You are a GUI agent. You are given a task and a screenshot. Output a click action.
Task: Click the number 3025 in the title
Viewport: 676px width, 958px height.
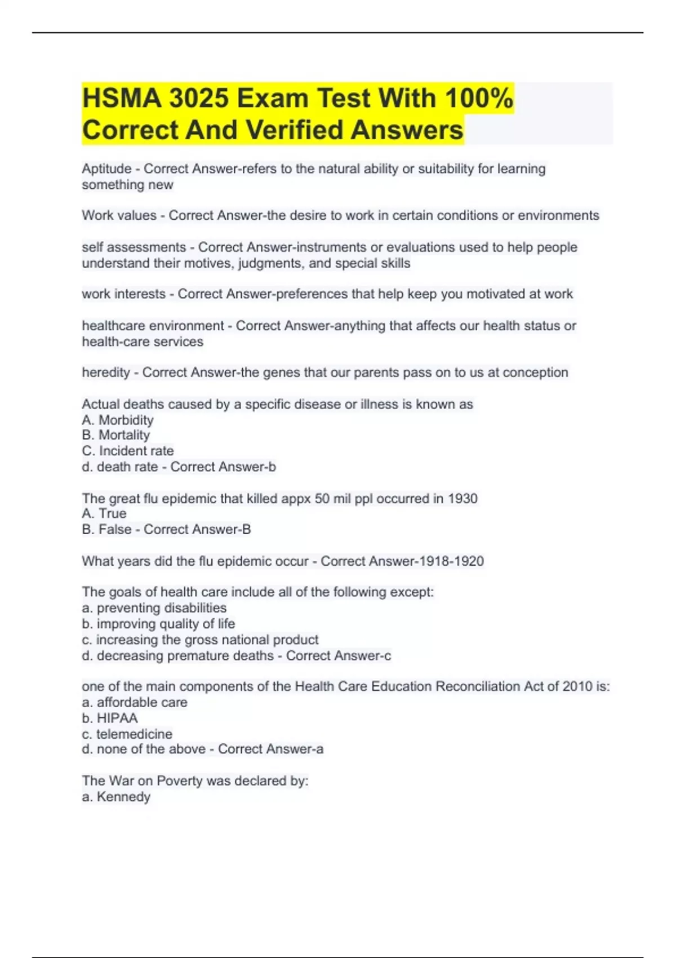(x=198, y=98)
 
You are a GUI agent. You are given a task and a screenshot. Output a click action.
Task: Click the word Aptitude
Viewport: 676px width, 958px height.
(x=106, y=169)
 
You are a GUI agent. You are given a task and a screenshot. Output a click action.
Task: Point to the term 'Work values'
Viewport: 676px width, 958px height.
(x=119, y=215)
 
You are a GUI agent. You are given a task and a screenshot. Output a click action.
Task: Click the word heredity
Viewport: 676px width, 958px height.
(x=106, y=372)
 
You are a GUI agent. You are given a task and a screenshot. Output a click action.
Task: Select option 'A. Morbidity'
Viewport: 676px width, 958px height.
(x=118, y=420)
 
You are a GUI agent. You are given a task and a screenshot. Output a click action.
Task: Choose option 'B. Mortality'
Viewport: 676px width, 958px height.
(x=116, y=435)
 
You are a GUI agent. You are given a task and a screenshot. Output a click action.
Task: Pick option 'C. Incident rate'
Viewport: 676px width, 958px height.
(x=128, y=451)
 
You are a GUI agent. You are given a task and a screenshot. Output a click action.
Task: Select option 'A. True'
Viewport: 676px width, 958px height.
(x=104, y=513)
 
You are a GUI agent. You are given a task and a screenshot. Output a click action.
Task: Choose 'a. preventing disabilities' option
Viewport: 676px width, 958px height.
(x=154, y=608)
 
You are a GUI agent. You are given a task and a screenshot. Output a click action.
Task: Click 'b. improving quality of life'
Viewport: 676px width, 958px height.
(x=158, y=624)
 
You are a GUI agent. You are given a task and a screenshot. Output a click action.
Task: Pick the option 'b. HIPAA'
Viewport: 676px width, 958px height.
(x=110, y=718)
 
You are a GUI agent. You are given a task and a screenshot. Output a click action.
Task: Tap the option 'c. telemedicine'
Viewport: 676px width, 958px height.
(x=127, y=734)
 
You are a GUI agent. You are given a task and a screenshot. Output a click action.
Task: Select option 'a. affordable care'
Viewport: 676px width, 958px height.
(x=135, y=702)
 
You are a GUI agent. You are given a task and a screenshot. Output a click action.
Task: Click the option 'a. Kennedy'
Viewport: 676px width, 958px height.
(x=116, y=797)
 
